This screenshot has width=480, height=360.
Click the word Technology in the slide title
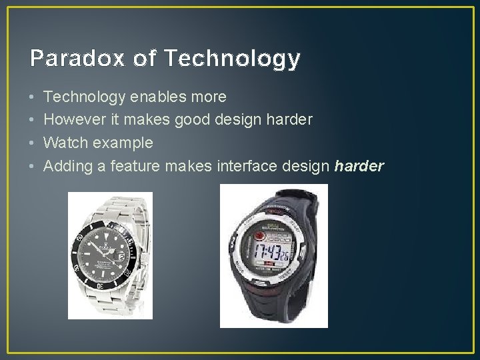(231, 59)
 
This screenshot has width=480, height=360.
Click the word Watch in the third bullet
(63, 143)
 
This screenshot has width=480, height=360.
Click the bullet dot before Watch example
(32, 143)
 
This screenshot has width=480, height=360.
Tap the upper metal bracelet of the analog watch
(111, 209)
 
